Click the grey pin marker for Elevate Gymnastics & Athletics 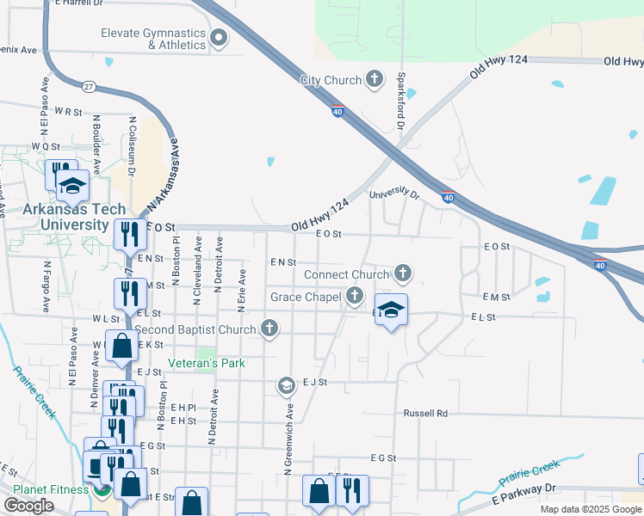click(219, 37)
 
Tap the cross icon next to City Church click(374, 81)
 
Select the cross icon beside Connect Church click(402, 274)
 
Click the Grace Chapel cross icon click(355, 297)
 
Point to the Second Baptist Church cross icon click(269, 329)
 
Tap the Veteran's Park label click(207, 364)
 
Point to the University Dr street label click(393, 195)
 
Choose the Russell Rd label click(426, 414)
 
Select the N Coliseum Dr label click(133, 146)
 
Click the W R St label click(67, 112)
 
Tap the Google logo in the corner click(28, 506)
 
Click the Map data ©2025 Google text click(591, 509)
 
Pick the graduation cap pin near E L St click(391, 310)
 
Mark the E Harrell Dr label click(84, 3)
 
